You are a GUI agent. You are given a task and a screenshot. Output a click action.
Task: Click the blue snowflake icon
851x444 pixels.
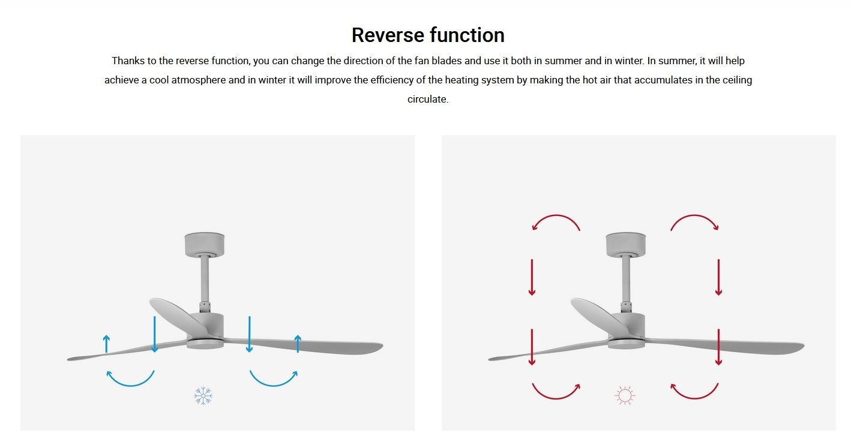pos(203,396)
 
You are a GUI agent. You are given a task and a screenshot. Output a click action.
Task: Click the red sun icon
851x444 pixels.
pos(625,396)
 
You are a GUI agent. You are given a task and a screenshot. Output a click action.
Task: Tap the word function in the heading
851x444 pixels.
pos(468,35)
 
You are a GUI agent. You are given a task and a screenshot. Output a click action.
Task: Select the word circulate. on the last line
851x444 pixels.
pos(428,99)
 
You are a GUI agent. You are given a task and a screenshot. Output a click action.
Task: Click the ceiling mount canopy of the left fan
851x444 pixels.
pos(205,245)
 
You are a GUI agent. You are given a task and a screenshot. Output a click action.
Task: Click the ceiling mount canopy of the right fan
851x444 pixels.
pos(626,245)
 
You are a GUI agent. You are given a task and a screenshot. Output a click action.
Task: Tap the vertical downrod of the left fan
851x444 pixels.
pos(205,279)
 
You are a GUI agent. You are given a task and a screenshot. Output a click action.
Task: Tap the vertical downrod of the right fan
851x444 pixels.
pos(626,279)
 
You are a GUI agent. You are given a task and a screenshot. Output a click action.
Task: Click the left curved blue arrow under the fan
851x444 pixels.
pos(130,385)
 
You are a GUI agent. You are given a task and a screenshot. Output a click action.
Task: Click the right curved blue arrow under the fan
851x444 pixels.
pos(274,385)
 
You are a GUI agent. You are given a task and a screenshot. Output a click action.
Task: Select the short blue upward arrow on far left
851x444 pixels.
pos(106,344)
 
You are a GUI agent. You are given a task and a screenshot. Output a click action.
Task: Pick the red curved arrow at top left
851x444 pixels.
pos(556,216)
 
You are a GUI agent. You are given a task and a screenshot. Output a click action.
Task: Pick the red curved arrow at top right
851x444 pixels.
pos(694,216)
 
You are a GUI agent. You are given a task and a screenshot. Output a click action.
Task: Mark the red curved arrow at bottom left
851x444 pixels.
pos(556,398)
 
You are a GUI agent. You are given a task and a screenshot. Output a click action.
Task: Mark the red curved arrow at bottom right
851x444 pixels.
pos(694,398)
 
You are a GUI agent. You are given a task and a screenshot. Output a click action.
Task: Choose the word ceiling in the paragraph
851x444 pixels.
pos(738,80)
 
